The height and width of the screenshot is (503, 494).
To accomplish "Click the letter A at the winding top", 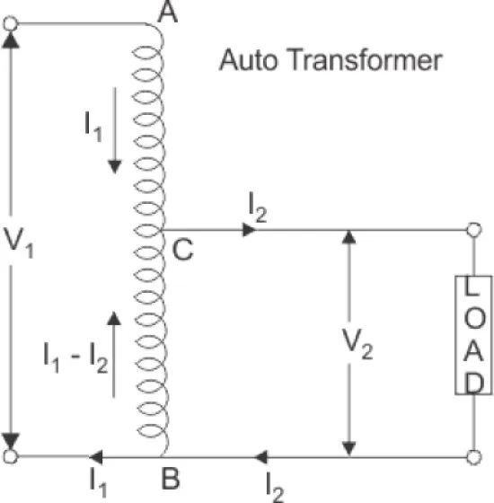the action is click(x=167, y=13).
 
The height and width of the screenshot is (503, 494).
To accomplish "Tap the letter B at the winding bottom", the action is click(x=171, y=479).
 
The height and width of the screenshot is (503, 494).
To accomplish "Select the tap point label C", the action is click(x=182, y=249).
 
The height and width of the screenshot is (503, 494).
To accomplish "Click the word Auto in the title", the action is click(x=248, y=59).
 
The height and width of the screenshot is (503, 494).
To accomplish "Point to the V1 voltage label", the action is click(x=19, y=242).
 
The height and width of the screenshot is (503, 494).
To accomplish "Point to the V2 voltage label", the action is click(x=357, y=344).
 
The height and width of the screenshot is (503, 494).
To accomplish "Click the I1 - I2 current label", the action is click(x=75, y=357).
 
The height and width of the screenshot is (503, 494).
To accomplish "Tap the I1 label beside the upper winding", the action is click(x=93, y=127).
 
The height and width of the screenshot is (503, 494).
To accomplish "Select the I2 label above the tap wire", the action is click(x=258, y=207).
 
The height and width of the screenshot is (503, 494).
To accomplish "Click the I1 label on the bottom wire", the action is click(x=98, y=482).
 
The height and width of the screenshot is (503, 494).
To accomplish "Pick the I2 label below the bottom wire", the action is click(x=275, y=487).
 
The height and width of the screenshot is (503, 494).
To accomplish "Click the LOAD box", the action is click(x=473, y=335).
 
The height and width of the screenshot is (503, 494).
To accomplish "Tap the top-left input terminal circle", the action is click(x=11, y=23).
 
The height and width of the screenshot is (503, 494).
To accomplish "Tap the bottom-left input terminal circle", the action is click(x=11, y=456).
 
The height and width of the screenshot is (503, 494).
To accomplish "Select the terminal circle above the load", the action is click(x=474, y=230).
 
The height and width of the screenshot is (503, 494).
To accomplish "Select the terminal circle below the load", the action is click(x=474, y=457).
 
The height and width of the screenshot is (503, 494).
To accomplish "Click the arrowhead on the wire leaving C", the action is click(x=249, y=230).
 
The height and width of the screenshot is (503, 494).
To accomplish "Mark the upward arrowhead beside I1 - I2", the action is click(x=114, y=318).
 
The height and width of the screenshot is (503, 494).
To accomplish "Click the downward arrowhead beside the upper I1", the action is click(x=115, y=167).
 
